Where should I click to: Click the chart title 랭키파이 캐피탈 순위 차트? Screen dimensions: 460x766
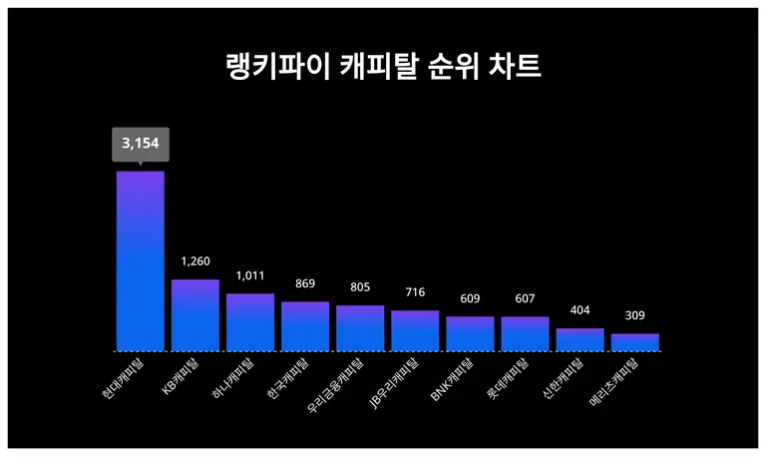383,67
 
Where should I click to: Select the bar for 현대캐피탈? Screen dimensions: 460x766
141,261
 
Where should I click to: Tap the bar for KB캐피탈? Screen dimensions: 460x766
195,315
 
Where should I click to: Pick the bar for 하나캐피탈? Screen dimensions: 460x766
250,322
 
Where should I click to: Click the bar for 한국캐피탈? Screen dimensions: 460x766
305,326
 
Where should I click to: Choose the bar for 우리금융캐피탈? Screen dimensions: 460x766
360,328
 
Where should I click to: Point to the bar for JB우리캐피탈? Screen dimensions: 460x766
415,331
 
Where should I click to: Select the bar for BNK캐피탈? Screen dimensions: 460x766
470,334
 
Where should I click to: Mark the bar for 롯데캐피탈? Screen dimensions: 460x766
525,334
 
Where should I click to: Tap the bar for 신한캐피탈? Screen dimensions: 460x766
579,340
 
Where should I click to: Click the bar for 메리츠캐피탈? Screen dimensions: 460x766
634,342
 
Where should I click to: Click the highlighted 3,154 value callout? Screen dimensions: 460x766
141,145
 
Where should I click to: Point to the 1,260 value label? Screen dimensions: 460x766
195,261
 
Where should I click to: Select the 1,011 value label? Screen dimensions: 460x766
250,275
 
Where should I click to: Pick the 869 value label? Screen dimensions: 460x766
305,283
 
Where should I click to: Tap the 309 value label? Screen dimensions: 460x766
634,315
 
